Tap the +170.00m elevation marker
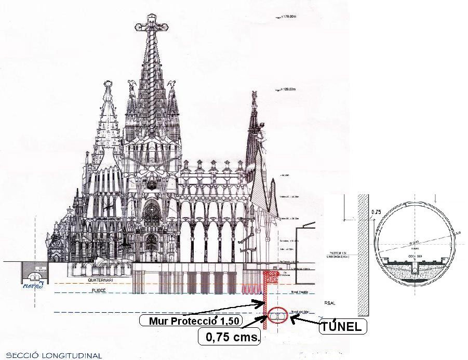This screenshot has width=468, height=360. pyautogui.click(x=288, y=18)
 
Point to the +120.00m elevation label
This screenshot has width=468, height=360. pyautogui.click(x=289, y=89)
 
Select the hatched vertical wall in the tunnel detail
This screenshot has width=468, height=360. pyautogui.click(x=363, y=255)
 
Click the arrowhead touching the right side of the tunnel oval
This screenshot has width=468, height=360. pyautogui.click(x=292, y=318)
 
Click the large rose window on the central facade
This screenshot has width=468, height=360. pyautogui.click(x=151, y=214)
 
